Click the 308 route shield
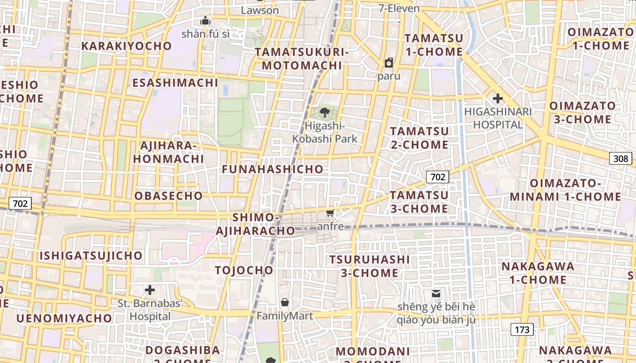pyautogui.click(x=621, y=158)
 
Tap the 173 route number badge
pyautogui.click(x=522, y=329)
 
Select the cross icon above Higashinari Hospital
pyautogui.click(x=498, y=98)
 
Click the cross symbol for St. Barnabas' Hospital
pyautogui.click(x=150, y=290)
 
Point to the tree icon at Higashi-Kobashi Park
pyautogui.click(x=324, y=113)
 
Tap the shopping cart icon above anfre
pyautogui.click(x=330, y=213)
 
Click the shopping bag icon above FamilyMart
pyautogui.click(x=285, y=302)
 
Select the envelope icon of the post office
pyautogui.click(x=436, y=294)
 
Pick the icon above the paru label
pyautogui.click(x=389, y=63)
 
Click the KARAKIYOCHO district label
pyautogui.click(x=127, y=46)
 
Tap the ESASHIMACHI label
pyautogui.click(x=175, y=83)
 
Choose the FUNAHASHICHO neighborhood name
pyautogui.click(x=273, y=169)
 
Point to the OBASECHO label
pyautogui.click(x=169, y=196)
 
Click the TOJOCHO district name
pyautogui.click(x=244, y=270)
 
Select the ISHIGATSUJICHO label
pyautogui.click(x=91, y=255)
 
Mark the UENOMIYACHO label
pyautogui.click(x=64, y=318)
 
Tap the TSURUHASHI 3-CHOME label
pyautogui.click(x=369, y=266)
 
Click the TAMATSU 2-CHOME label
pyautogui.click(x=419, y=138)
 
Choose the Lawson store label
pyautogui.click(x=260, y=10)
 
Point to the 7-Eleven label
pyautogui.click(x=399, y=8)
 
